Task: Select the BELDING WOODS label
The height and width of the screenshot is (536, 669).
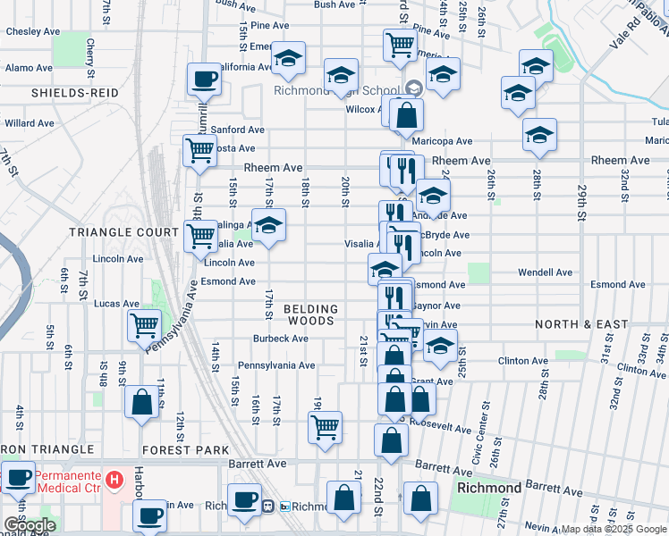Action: pyautogui.click(x=309, y=314)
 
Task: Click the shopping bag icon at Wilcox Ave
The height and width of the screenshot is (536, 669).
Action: pyautogui.click(x=406, y=114)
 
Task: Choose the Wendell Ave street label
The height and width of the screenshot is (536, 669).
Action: pyautogui.click(x=545, y=272)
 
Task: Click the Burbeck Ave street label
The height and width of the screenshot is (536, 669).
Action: pyautogui.click(x=281, y=339)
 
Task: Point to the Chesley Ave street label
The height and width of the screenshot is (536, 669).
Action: pyautogui.click(x=29, y=30)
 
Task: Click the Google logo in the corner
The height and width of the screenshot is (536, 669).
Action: pyautogui.click(x=30, y=525)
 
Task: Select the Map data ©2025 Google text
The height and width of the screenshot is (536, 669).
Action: pyautogui.click(x=612, y=529)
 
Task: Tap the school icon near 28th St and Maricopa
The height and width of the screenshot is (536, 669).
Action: pyautogui.click(x=539, y=134)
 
